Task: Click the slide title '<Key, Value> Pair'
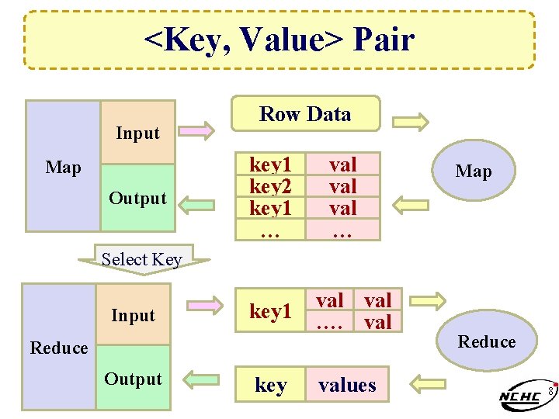[x=279, y=40]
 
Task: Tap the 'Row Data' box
[x=305, y=114]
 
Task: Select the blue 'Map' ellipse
[x=474, y=171]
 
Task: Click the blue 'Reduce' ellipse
[x=486, y=342]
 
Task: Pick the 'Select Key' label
[x=142, y=260]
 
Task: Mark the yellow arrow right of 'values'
[x=426, y=381]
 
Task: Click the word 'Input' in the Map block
[x=137, y=133]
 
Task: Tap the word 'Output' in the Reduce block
[x=134, y=379]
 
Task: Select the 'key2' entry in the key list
[x=270, y=186]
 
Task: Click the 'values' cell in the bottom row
[x=346, y=385]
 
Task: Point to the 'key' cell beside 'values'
[x=270, y=386]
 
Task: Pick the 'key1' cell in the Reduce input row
[x=270, y=311]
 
